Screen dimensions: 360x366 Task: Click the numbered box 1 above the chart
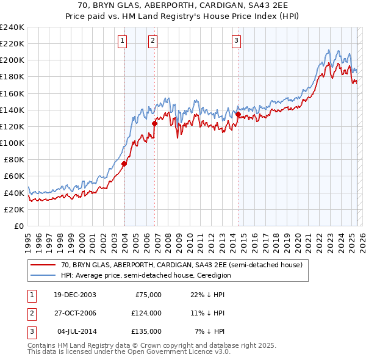[x=123, y=41]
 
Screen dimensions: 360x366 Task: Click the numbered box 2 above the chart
[x=152, y=41]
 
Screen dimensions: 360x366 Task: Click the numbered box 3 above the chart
[x=236, y=41]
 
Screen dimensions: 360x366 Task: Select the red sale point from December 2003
[x=124, y=164]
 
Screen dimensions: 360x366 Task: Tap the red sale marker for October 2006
[x=154, y=123]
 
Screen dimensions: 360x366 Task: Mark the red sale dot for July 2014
[x=237, y=113]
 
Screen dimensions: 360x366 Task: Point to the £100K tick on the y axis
[x=12, y=143]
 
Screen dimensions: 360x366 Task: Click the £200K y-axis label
[x=12, y=60]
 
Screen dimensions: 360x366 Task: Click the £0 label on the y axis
[x=18, y=226]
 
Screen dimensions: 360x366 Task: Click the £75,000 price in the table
[x=148, y=295]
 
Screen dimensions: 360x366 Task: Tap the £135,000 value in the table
[x=146, y=331]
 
